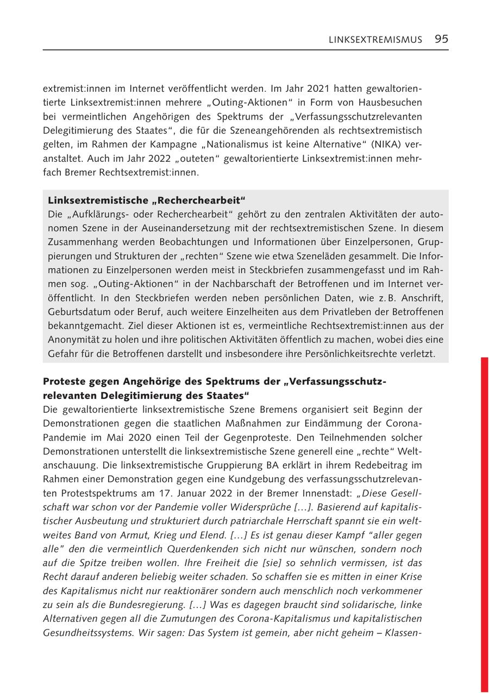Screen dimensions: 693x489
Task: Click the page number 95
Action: (x=441, y=39)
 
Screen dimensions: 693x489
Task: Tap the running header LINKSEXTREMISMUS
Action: (x=375, y=40)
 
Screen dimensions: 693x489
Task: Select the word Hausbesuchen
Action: (x=395, y=103)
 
